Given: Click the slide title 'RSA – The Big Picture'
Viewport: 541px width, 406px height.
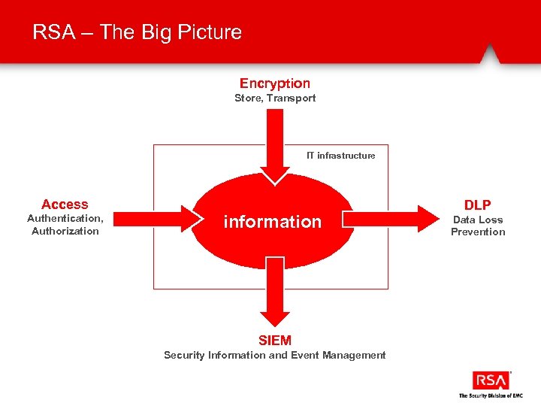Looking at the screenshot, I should point(137,32).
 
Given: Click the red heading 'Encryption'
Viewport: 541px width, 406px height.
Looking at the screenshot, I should point(275,83).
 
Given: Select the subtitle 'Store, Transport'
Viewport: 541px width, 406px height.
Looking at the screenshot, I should point(275,98).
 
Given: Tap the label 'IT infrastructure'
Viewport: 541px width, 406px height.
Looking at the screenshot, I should point(340,156).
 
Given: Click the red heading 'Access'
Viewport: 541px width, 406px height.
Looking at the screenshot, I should point(65,205).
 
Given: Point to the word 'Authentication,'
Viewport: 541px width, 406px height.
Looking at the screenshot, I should point(65,218).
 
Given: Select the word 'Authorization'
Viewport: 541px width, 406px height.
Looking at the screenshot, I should point(65,231).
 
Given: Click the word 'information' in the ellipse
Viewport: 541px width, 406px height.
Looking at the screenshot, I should point(272,222).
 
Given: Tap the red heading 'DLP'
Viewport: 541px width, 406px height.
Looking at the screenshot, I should point(478,205).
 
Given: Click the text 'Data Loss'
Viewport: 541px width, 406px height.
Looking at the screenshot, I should point(478,220).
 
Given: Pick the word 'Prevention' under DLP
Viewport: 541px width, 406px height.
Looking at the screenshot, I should point(478,232).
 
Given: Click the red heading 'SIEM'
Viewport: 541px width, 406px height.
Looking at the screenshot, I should point(275,341).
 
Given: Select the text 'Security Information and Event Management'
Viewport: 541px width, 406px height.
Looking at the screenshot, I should point(275,355).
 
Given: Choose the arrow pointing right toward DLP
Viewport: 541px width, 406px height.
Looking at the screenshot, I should point(391,219).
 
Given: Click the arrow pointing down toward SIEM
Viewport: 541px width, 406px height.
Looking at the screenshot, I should point(276,293).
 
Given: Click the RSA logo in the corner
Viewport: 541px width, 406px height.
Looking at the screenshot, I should point(491,380).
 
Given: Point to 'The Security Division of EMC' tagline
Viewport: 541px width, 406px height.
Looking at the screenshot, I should point(491,395).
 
